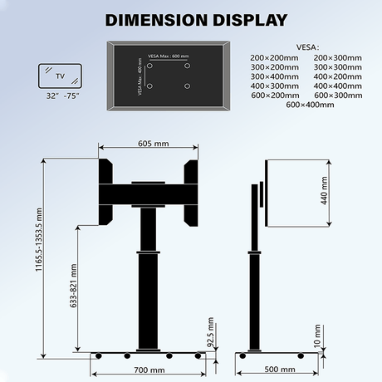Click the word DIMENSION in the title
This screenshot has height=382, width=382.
click(x=147, y=19)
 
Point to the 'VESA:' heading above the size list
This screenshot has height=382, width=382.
click(x=306, y=47)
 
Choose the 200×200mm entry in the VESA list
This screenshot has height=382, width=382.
click(x=271, y=56)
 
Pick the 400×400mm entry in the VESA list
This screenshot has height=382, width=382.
click(x=337, y=86)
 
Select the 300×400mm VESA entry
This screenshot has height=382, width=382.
click(x=271, y=76)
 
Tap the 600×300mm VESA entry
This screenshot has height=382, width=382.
click(x=337, y=95)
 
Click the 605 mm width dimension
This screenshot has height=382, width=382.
click(x=149, y=144)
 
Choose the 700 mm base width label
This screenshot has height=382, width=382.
click(x=149, y=370)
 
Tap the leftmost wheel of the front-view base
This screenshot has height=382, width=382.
click(x=100, y=355)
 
